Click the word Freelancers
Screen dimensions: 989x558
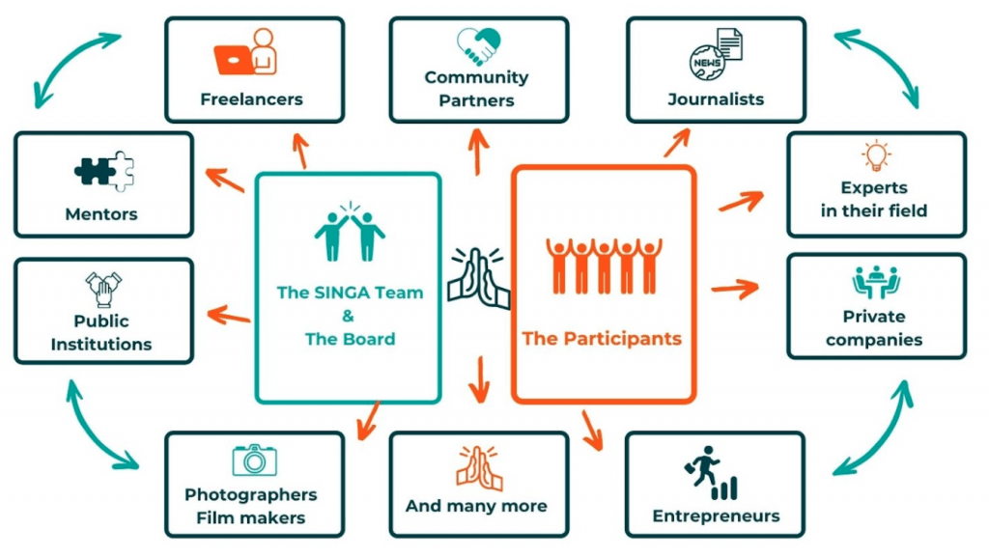tap(252, 99)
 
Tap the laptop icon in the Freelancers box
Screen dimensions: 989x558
tap(234, 59)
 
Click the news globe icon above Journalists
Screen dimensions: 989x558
tap(716, 54)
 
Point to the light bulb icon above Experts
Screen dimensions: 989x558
tap(876, 155)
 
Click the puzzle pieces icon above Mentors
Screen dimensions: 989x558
tap(104, 171)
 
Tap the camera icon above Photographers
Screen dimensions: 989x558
tap(254, 460)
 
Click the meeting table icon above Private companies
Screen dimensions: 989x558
tap(876, 282)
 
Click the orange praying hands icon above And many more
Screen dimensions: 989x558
tap(479, 468)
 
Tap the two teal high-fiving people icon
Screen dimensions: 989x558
tap(350, 232)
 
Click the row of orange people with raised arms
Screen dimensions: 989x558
tap(604, 266)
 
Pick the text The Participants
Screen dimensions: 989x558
tap(602, 339)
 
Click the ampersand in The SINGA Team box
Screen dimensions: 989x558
tap(348, 316)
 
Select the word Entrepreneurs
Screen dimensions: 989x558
tap(716, 516)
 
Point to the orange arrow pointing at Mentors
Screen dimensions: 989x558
tap(225, 180)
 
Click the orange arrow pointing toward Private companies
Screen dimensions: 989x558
tap(735, 289)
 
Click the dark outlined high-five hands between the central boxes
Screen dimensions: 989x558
tap(479, 279)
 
